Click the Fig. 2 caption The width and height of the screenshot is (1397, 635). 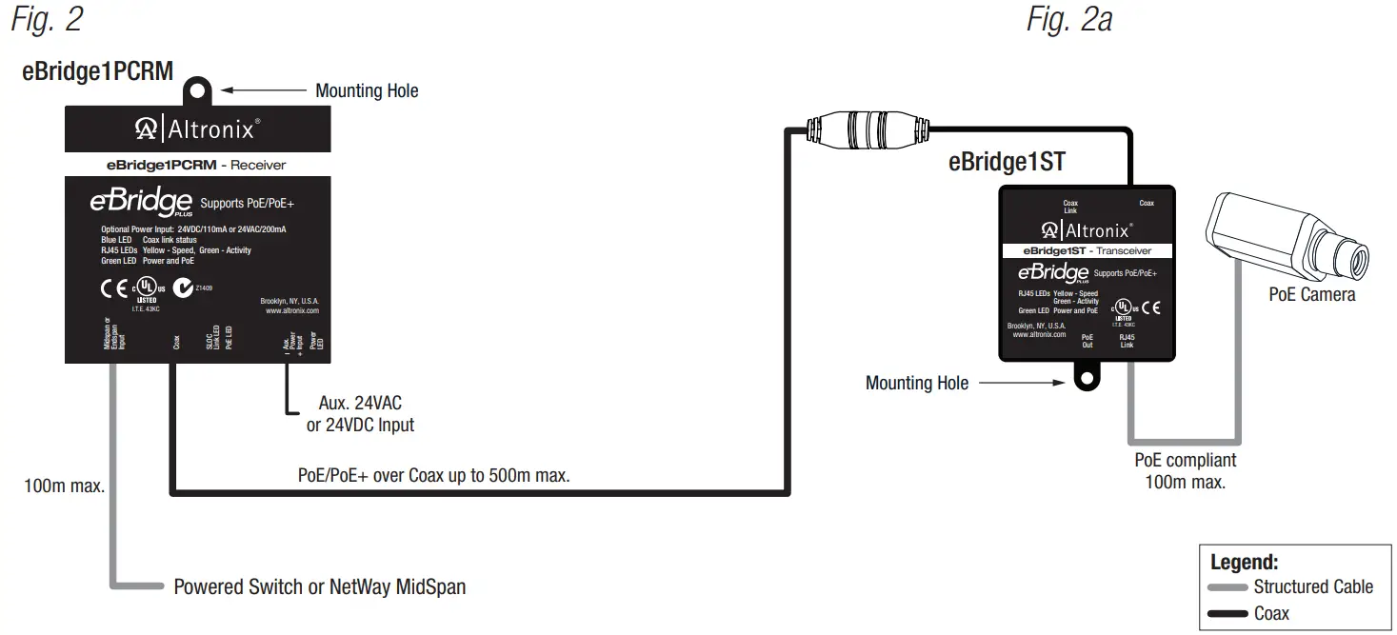coord(47,20)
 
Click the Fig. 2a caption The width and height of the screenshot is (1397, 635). coord(1068,20)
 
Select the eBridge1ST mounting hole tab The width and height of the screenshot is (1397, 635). coord(1085,377)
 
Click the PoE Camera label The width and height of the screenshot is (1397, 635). coord(1311,295)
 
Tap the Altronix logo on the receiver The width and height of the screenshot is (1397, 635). coord(197,129)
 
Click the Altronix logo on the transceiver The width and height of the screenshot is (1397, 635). coord(1086,230)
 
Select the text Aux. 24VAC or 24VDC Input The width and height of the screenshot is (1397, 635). coord(360,414)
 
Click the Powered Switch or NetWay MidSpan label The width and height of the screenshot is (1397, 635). coord(319,586)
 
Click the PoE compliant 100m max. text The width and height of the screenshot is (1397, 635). coord(1185,471)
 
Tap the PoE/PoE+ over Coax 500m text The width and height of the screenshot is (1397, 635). coord(434,475)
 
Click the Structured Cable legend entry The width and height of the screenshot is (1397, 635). coord(1312,587)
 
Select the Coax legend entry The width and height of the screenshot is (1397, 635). coord(1270,614)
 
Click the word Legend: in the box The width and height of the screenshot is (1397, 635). coord(1244,562)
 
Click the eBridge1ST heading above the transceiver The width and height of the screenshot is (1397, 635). coord(1007,162)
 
